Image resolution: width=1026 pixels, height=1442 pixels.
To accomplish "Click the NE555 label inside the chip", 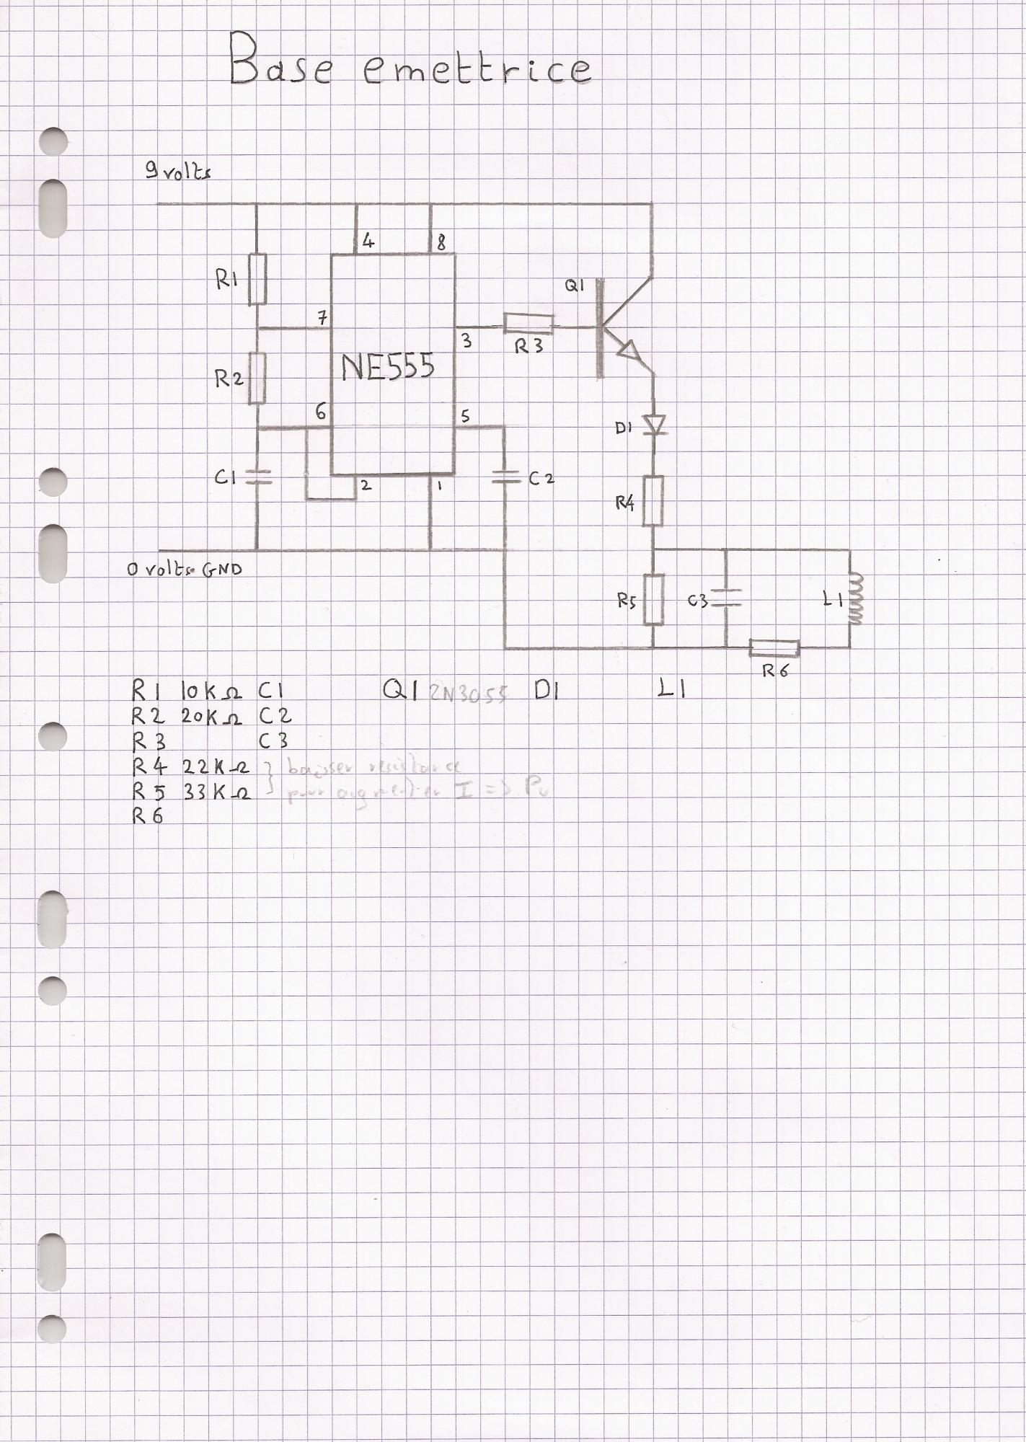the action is [388, 366].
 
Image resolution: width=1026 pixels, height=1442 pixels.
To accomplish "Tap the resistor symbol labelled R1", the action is [257, 279].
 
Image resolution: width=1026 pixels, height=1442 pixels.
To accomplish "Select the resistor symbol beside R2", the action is [257, 378].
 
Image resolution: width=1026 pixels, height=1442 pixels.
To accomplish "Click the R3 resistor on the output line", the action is [529, 324].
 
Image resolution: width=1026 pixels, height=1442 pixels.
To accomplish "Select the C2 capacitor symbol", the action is [505, 477].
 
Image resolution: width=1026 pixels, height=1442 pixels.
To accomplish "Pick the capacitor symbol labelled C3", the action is [726, 598].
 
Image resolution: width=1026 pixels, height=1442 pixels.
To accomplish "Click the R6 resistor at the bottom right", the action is [774, 648].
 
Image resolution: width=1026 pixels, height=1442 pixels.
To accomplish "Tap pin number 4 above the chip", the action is [368, 241].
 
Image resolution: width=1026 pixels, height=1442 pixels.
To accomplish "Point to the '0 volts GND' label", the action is [185, 569].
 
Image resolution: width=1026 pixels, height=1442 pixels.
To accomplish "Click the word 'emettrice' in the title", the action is [476, 68].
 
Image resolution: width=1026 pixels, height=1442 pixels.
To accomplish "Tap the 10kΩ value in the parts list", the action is [211, 692].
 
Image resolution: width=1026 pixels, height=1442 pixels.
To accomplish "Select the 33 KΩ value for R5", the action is [216, 792].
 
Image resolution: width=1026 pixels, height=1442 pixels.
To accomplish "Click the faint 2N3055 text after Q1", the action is [469, 693].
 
